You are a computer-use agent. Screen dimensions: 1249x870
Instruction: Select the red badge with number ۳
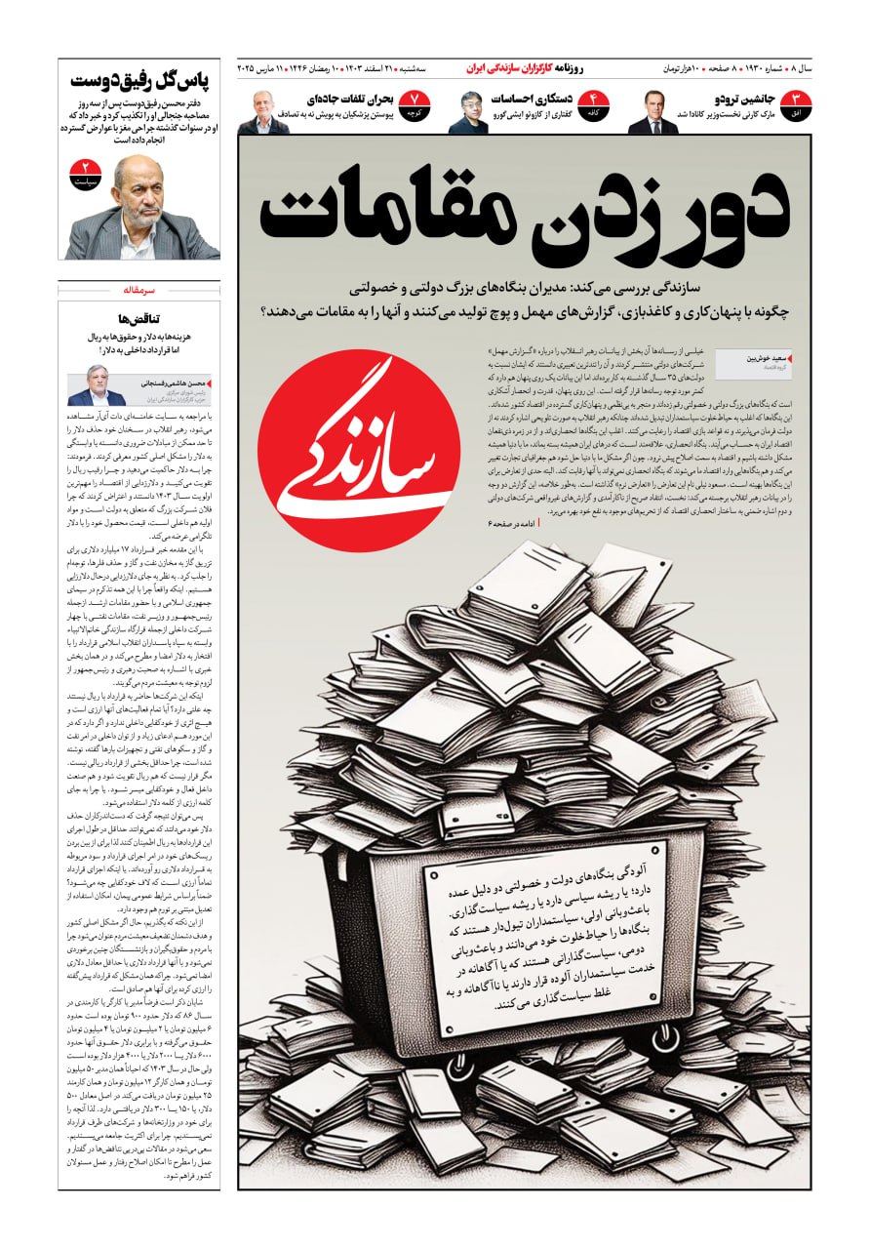point(794,105)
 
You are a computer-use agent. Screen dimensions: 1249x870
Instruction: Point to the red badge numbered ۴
point(593,105)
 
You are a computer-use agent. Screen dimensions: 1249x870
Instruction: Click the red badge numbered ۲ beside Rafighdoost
point(85,175)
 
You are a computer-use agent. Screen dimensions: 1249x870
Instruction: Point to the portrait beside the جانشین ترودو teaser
point(652,113)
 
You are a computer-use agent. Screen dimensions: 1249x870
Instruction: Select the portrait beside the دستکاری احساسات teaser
point(468,113)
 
